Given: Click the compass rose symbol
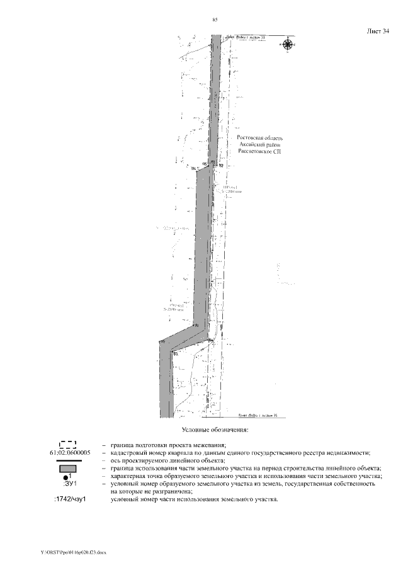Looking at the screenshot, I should click(x=287, y=44).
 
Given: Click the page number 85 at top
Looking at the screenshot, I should click(x=215, y=20).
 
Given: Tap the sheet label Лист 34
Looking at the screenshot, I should click(x=377, y=30).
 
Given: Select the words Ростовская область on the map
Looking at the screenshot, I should click(x=259, y=137).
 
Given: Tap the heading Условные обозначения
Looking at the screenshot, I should click(x=215, y=430).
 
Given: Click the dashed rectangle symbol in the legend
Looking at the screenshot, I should click(x=68, y=445).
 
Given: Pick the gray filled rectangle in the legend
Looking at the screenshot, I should click(x=69, y=469).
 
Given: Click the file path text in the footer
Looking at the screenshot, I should click(x=74, y=552).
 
